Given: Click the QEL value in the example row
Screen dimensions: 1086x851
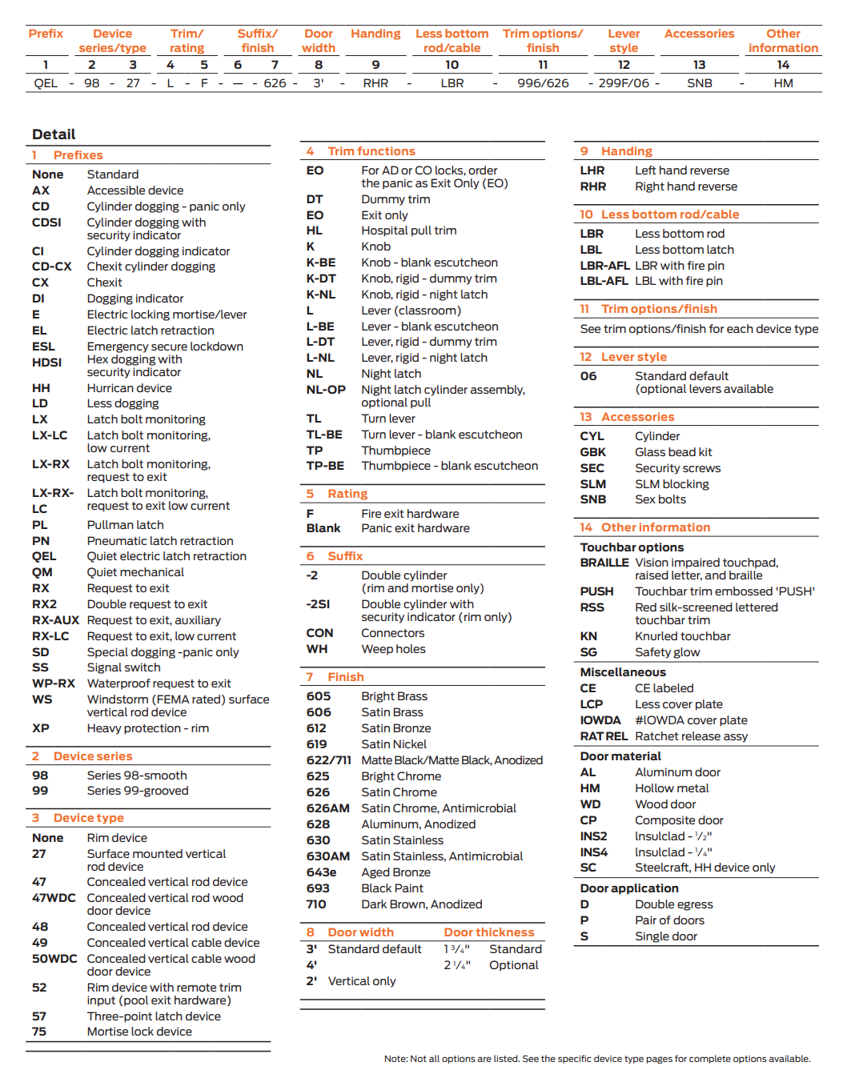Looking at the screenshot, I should (46, 83).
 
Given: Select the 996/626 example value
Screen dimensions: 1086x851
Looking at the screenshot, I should (543, 83).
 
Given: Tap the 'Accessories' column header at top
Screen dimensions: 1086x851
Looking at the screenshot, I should (699, 34).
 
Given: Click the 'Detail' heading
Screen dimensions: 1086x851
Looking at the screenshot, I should (54, 134).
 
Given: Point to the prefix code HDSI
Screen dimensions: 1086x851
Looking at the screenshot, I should (46, 363).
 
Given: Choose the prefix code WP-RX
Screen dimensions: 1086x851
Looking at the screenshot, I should (54, 683).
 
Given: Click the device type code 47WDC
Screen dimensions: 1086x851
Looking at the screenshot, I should (54, 898).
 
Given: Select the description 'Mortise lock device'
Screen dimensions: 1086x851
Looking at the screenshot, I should (139, 1032).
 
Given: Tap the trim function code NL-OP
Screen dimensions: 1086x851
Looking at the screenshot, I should (326, 390).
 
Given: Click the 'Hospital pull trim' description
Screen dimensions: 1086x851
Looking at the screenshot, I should (408, 230).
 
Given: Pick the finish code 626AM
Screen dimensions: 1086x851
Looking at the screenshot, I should (327, 808).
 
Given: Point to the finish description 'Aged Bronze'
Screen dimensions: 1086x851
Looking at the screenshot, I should (395, 872).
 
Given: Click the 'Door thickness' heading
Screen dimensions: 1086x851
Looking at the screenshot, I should (488, 932).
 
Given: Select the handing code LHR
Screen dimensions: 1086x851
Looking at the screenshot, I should (592, 170).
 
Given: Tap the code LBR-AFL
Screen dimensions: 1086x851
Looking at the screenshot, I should (604, 266).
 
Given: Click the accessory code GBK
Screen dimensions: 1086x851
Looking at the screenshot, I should (593, 452).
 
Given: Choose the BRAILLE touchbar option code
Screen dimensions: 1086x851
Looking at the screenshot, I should (604, 563).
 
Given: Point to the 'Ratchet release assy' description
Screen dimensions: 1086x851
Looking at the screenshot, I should (691, 736).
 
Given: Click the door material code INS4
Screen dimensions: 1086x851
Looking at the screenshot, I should (594, 852).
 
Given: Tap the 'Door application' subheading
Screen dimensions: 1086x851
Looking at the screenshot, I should (629, 888).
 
